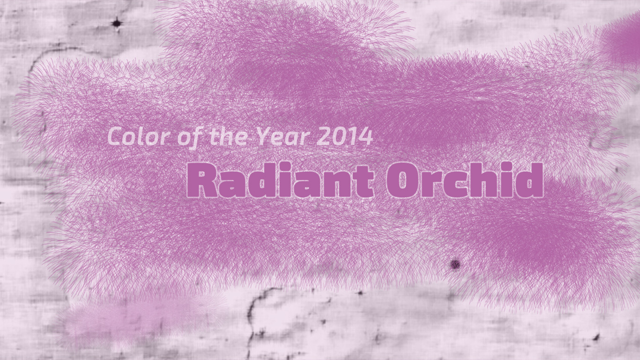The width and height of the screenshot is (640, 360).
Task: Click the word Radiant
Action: (x=280, y=180)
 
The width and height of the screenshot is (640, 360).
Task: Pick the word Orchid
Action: (x=465, y=180)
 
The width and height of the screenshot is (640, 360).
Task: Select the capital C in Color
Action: (x=118, y=136)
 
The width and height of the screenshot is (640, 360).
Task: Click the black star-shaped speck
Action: (x=117, y=23)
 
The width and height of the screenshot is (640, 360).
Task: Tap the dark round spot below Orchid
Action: (x=455, y=264)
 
